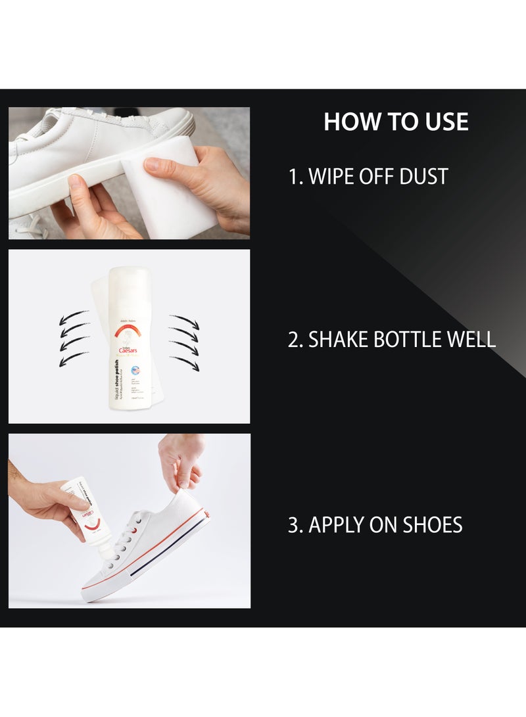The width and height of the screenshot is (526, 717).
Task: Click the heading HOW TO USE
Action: pyautogui.click(x=396, y=122)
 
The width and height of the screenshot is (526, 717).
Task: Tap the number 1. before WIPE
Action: pyautogui.click(x=295, y=176)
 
